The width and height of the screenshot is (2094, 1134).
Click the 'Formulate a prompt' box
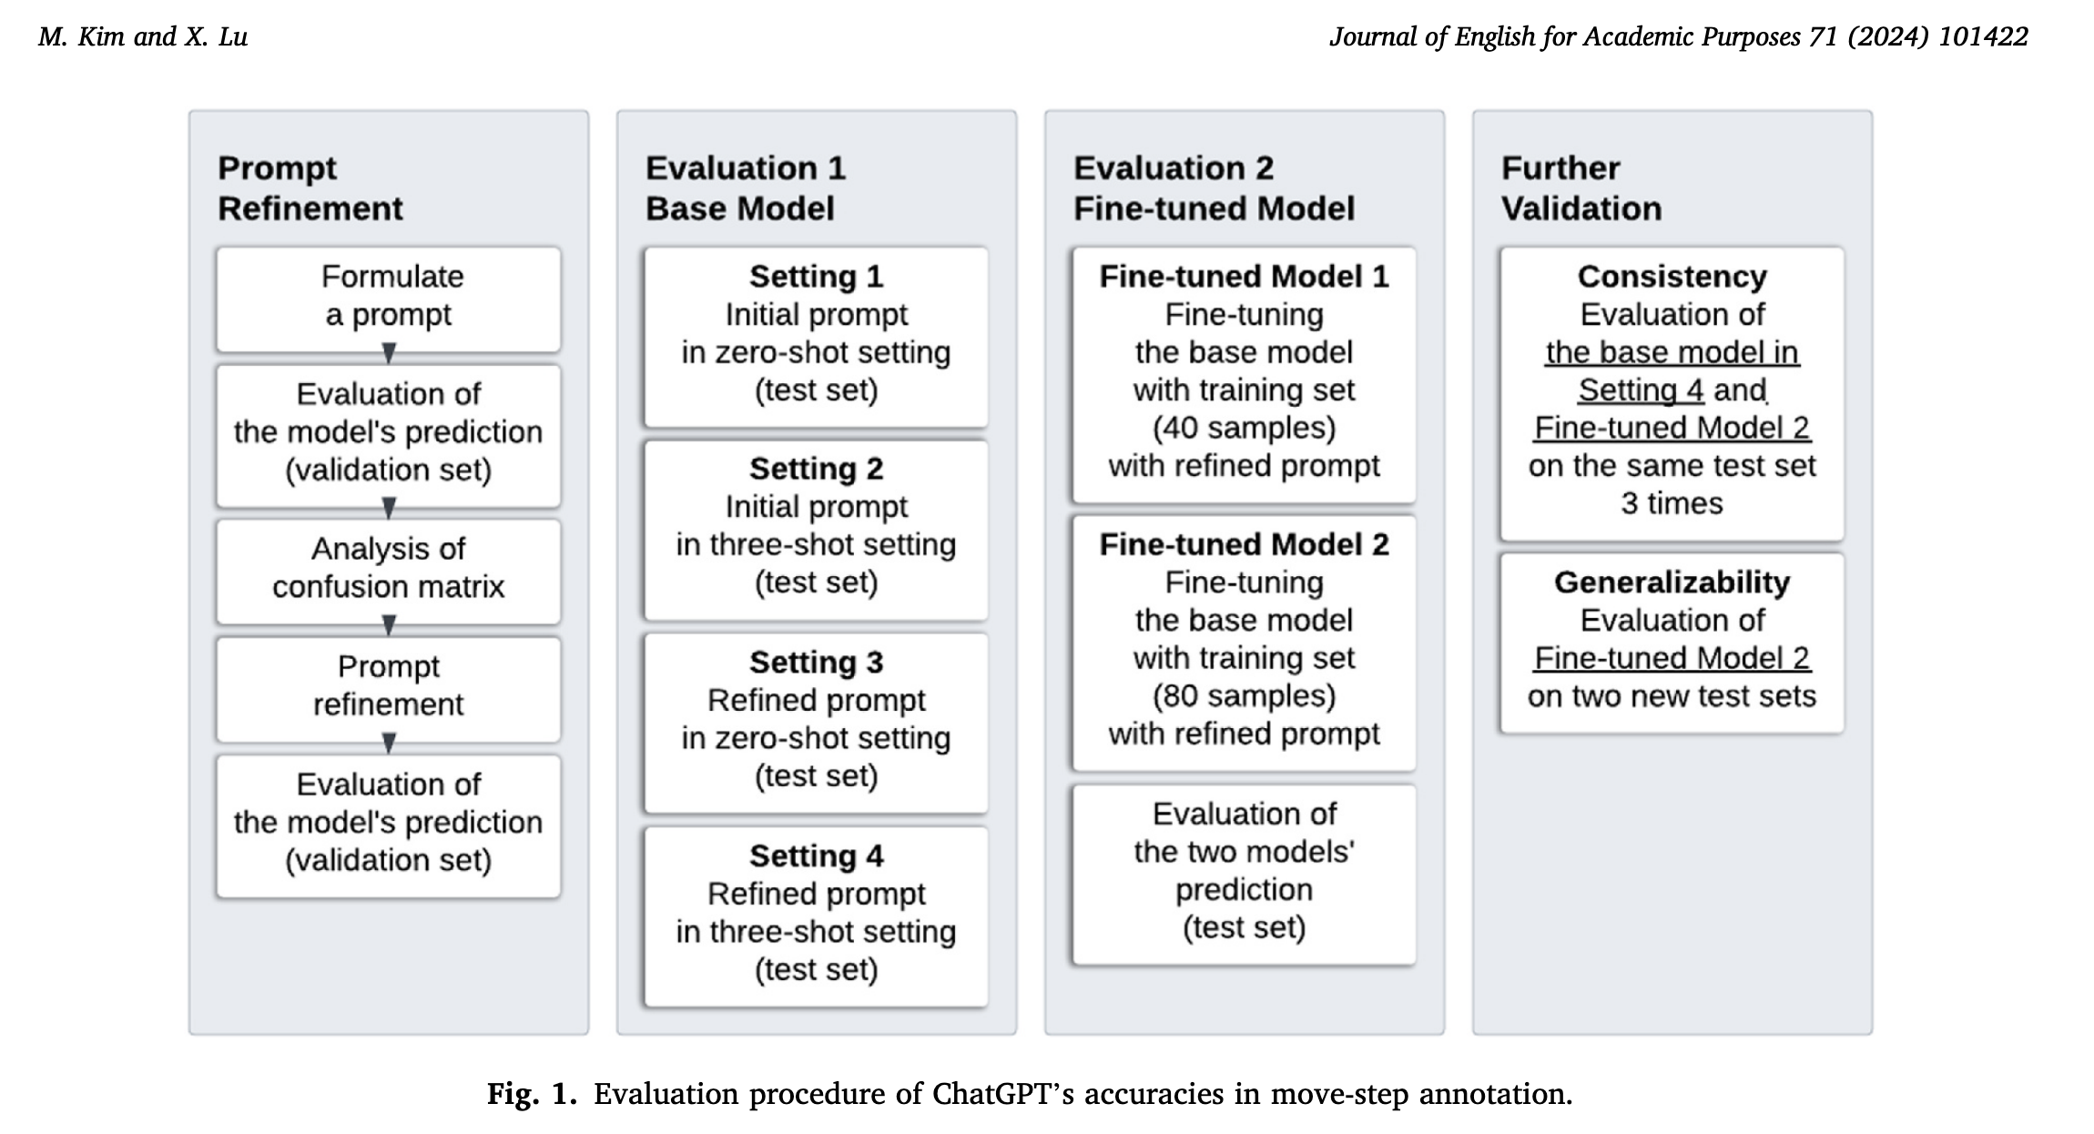(389, 299)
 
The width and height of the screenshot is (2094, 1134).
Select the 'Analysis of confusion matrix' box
(389, 572)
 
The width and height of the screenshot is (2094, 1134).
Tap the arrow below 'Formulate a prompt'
(389, 353)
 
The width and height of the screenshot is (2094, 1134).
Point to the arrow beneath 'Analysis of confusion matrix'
(389, 625)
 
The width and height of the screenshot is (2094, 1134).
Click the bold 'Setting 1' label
(816, 276)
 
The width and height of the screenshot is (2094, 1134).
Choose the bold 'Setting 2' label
(816, 469)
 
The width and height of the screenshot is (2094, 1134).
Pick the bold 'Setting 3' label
(816, 663)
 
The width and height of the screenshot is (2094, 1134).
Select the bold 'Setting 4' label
(816, 856)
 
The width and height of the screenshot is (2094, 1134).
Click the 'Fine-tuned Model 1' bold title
(1244, 276)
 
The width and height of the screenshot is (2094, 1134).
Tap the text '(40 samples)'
(1244, 428)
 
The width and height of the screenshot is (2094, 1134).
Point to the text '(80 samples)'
(1244, 695)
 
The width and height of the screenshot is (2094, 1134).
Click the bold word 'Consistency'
(1672, 276)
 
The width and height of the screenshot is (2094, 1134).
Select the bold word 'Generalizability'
(1672, 582)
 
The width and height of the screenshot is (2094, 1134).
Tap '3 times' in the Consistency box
(1672, 503)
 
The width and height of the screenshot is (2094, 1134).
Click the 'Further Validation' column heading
(1581, 188)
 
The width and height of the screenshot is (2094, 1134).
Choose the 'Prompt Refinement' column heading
(310, 188)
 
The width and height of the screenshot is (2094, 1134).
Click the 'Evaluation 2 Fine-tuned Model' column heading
(1214, 188)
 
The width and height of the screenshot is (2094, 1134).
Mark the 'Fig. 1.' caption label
(533, 1093)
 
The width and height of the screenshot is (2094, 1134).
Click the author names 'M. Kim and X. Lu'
(143, 36)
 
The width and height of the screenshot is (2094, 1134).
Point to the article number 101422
(1983, 36)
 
